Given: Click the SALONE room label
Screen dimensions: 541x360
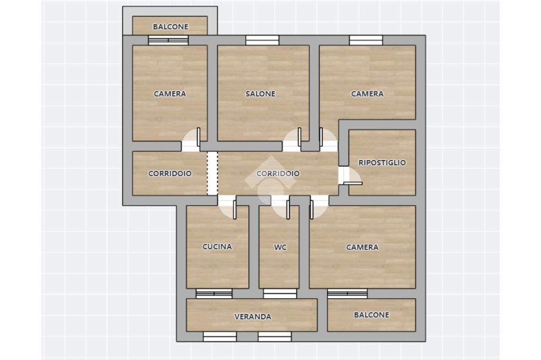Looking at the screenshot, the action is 260,94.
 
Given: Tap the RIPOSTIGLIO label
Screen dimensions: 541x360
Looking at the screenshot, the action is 382,163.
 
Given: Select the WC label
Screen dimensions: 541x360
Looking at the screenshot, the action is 280,247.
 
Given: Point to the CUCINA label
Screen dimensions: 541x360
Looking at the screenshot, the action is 217,247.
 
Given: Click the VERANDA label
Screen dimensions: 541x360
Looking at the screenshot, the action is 253,317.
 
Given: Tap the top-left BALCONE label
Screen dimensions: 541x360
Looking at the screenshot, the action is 171,26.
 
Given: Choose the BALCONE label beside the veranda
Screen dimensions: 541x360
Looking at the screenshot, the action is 371,315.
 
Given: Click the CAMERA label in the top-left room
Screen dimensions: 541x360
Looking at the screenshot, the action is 170,94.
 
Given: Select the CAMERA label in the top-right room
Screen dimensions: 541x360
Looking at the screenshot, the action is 368,94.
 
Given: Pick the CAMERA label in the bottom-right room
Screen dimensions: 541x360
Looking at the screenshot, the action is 362,247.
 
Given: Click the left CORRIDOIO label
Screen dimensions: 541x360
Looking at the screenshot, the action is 170,174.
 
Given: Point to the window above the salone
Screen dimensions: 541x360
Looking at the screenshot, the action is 262,40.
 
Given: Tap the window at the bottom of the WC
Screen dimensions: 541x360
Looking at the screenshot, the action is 280,294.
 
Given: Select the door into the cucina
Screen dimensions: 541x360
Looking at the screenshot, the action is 227,207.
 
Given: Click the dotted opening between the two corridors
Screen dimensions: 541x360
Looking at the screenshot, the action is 212,174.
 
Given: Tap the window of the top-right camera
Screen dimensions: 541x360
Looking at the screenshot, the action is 366,40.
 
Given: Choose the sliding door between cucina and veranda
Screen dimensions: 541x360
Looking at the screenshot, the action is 214,294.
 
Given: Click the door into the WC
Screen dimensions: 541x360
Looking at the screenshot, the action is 280,207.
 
